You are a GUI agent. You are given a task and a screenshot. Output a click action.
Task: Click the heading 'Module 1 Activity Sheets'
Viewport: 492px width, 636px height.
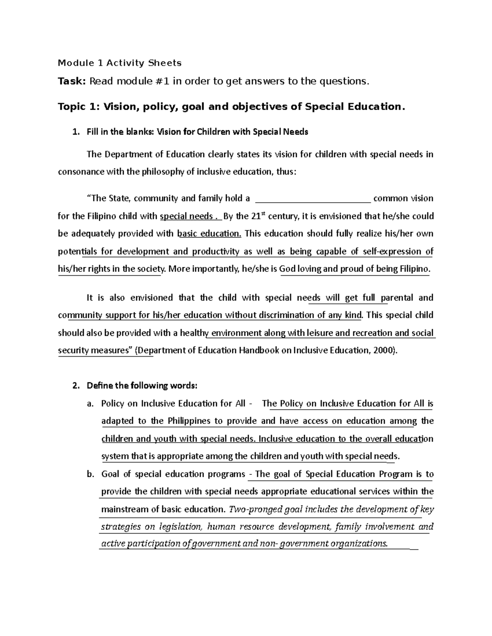(x=119, y=63)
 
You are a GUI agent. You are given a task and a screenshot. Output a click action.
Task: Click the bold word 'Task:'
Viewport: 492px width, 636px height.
(x=72, y=81)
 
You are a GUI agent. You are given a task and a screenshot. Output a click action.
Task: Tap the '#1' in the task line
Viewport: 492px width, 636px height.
(x=162, y=81)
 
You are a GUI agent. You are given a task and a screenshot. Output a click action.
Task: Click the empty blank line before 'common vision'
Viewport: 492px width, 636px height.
(x=313, y=199)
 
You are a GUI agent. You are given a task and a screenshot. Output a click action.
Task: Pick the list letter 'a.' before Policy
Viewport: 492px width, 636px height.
(x=90, y=403)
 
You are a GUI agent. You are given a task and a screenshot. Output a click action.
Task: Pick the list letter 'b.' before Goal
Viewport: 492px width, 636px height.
(x=90, y=474)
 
